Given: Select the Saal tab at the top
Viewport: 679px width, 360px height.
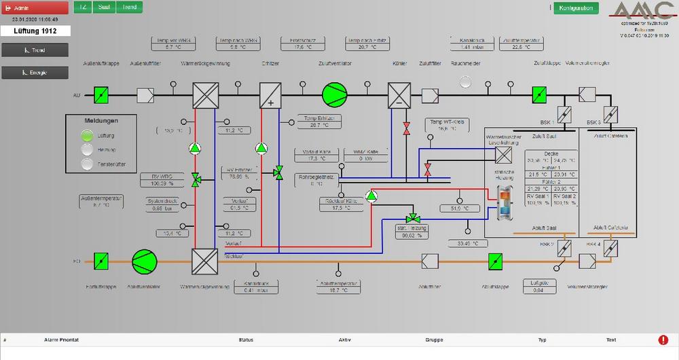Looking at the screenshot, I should [x=104, y=7].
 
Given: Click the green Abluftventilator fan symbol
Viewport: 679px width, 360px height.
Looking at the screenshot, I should [x=143, y=260].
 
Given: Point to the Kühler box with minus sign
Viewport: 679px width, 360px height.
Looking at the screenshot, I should [x=399, y=94].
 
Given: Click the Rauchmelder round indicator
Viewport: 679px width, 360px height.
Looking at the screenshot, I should [x=465, y=82].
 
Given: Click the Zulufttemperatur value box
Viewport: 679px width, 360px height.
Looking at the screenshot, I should [x=521, y=44].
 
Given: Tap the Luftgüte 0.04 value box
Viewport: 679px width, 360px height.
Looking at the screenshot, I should [x=538, y=287].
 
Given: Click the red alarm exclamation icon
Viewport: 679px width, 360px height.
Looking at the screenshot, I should [x=663, y=340].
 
